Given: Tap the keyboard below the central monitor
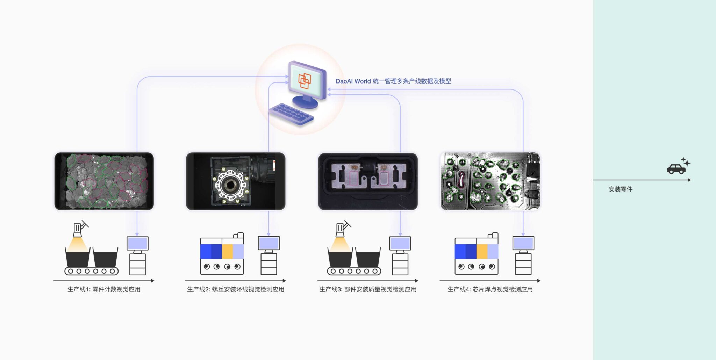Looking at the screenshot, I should pos(291,114).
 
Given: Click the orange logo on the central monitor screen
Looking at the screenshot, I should pos(304,81).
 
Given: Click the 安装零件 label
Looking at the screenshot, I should pos(620,189).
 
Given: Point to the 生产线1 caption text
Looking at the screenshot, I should pos(104,289).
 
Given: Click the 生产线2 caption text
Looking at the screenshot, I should pos(236,289).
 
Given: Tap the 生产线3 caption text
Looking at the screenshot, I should pos(368,289).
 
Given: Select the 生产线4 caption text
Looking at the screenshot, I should pos(490,289).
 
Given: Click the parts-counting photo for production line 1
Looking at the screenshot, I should pos(104,181).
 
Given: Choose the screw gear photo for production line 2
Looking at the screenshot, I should pos(236,181).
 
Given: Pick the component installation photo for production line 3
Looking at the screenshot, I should pos(368,181).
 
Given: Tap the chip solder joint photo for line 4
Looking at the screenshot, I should pos(490,181).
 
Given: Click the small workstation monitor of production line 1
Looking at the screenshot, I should pos(137,244).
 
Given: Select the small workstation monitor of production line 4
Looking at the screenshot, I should pos(523,244).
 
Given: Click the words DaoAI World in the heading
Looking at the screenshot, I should pos(353,81).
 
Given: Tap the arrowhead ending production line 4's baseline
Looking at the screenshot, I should pos(539,281).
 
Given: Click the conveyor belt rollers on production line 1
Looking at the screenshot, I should pos(91,271).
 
